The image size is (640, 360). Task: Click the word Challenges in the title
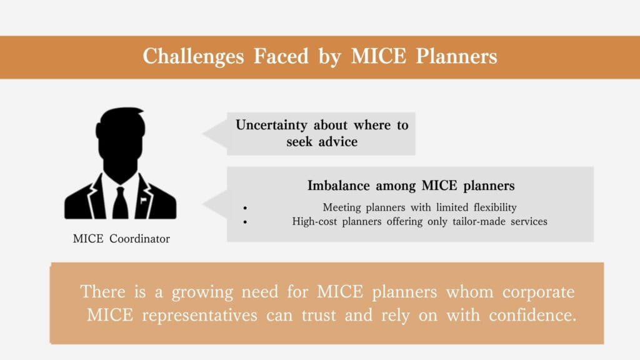pyautogui.click(x=194, y=56)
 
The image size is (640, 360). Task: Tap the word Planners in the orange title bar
pyautogui.click(x=456, y=56)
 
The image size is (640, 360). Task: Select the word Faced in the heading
pyautogui.click(x=281, y=56)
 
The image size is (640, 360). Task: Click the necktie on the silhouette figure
pyautogui.click(x=121, y=202)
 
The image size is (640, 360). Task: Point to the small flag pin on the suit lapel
pyautogui.click(x=143, y=201)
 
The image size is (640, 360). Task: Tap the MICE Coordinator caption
pyautogui.click(x=121, y=239)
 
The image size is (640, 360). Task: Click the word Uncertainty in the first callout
pyautogui.click(x=271, y=125)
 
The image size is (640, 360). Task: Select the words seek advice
pyautogui.click(x=322, y=142)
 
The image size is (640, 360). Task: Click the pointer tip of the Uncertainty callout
pyautogui.click(x=203, y=134)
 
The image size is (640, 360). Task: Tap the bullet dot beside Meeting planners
pyautogui.click(x=245, y=208)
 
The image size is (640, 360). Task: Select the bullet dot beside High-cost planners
pyautogui.click(x=245, y=222)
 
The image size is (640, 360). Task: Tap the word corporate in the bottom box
pyautogui.click(x=538, y=292)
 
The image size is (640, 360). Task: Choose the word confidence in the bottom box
pyautogui.click(x=532, y=315)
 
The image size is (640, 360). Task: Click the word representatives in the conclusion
pyautogui.click(x=199, y=316)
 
